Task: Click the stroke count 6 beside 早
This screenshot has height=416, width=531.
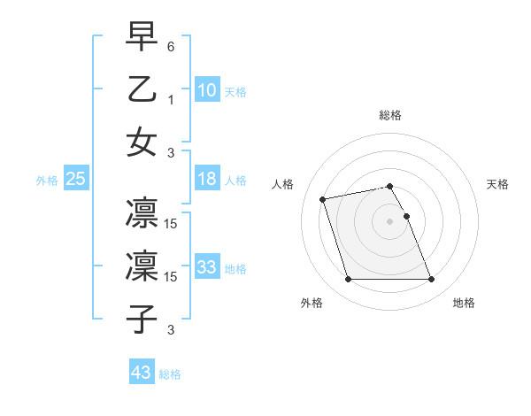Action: [171, 45]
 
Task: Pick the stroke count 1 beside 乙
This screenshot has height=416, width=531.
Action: [171, 99]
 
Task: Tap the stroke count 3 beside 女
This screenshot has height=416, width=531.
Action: [171, 151]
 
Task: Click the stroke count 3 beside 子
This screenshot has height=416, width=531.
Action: [171, 330]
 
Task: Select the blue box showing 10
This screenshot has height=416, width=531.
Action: [207, 89]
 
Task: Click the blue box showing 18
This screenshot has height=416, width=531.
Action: [207, 179]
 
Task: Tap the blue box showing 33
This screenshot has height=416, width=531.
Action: [207, 267]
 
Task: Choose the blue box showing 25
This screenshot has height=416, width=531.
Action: [76, 179]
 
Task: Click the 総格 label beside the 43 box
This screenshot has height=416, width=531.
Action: [170, 374]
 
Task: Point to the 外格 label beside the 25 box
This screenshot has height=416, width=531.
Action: [47, 181]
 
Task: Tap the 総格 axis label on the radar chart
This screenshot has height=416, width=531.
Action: [389, 115]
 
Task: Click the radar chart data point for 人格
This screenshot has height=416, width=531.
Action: [323, 198]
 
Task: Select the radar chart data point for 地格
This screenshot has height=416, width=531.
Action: [431, 280]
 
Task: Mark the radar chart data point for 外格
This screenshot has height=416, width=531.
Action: [348, 280]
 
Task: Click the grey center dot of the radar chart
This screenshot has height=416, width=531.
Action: [389, 220]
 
